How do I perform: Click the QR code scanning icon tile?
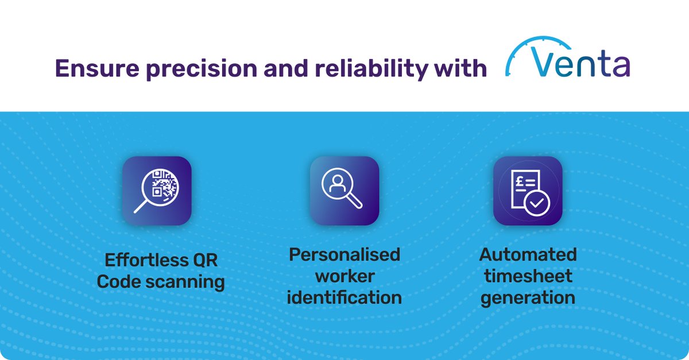(157, 191)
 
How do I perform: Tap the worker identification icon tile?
(344, 191)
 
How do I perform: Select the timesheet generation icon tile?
(528, 191)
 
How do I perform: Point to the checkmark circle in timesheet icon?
(538, 202)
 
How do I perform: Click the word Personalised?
(344, 254)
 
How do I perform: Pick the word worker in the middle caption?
(344, 276)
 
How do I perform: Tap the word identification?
(344, 297)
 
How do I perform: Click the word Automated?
(528, 254)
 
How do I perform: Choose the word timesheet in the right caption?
(528, 276)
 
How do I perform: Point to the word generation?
(528, 299)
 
